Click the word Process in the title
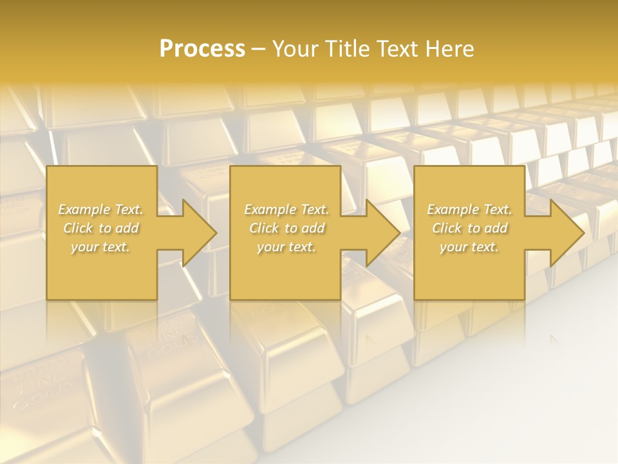pos(202,49)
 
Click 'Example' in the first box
pos(84,209)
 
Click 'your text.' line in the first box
pos(100,247)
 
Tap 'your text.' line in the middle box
pos(286,247)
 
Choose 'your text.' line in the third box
pos(469,247)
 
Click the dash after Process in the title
pos(259,50)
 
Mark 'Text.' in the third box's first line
pos(496,209)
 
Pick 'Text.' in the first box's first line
pos(128,209)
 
